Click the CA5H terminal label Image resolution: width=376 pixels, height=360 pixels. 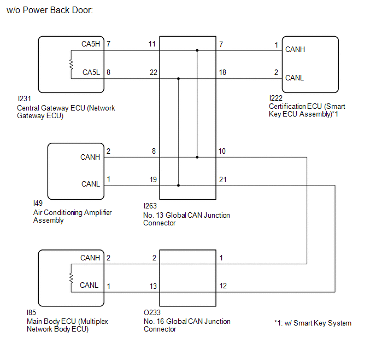pos(91,44)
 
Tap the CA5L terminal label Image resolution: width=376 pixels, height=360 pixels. pos(91,72)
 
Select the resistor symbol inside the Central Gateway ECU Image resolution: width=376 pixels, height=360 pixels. pos(71,65)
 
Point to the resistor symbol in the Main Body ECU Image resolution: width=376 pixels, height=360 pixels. pos(71,278)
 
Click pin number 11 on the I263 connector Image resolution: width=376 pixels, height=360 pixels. pos(152,44)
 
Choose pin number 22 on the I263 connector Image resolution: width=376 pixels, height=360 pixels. pos(154,72)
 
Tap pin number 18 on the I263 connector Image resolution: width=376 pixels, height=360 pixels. pos(222,72)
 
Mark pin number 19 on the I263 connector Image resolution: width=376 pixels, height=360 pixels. pos(153,179)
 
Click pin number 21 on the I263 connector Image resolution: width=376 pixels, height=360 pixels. pos(223,179)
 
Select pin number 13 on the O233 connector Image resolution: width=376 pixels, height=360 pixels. pos(153,286)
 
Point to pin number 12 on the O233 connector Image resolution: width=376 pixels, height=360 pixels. pos(223,286)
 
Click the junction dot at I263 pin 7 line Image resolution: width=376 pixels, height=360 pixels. pos(197,50)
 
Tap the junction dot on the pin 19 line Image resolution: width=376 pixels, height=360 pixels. pos(178,185)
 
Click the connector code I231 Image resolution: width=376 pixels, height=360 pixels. pos(24,98)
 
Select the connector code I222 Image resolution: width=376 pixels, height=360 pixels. pos(276,98)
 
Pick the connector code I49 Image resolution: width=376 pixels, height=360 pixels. pos(38,203)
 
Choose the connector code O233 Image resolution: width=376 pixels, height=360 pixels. pos(152,312)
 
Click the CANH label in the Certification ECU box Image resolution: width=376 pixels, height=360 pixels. pos(295,49)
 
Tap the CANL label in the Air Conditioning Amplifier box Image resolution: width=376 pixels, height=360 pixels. pos(91,184)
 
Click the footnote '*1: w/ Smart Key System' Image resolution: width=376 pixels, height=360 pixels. pos(313,323)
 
